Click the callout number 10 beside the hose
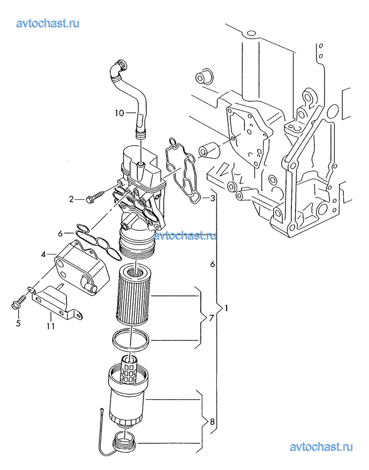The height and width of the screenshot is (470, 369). point(119,113)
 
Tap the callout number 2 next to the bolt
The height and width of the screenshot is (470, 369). point(71,199)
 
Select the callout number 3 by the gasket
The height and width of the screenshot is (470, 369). point(213,198)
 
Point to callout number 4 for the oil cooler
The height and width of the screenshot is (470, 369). point(44,255)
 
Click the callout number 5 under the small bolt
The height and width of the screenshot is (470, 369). point(18,323)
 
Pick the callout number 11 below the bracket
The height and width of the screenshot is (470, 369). point(51,326)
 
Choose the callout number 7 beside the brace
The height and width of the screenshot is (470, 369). point(212,318)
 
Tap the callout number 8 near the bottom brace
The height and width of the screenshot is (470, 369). point(212,422)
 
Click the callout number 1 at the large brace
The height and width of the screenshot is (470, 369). point(226,308)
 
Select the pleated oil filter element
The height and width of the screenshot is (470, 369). point(133,296)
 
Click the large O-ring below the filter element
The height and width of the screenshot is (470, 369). point(131,340)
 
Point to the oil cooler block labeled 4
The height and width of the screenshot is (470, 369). point(81,267)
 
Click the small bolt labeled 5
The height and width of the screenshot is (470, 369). point(19,302)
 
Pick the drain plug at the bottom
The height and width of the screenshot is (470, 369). point(125,442)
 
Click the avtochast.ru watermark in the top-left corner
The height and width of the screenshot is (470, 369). point(48,23)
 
